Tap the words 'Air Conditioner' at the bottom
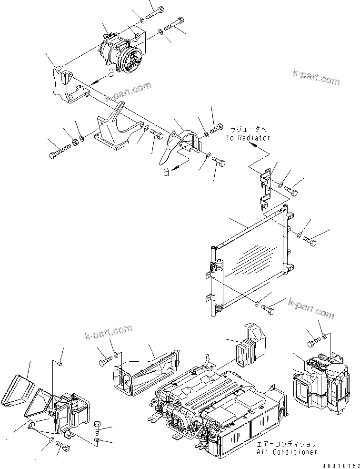[x=286, y=451]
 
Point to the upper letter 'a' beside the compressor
[x=110, y=72]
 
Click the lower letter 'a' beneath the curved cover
[x=166, y=172]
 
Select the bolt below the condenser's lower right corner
[x=269, y=308]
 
